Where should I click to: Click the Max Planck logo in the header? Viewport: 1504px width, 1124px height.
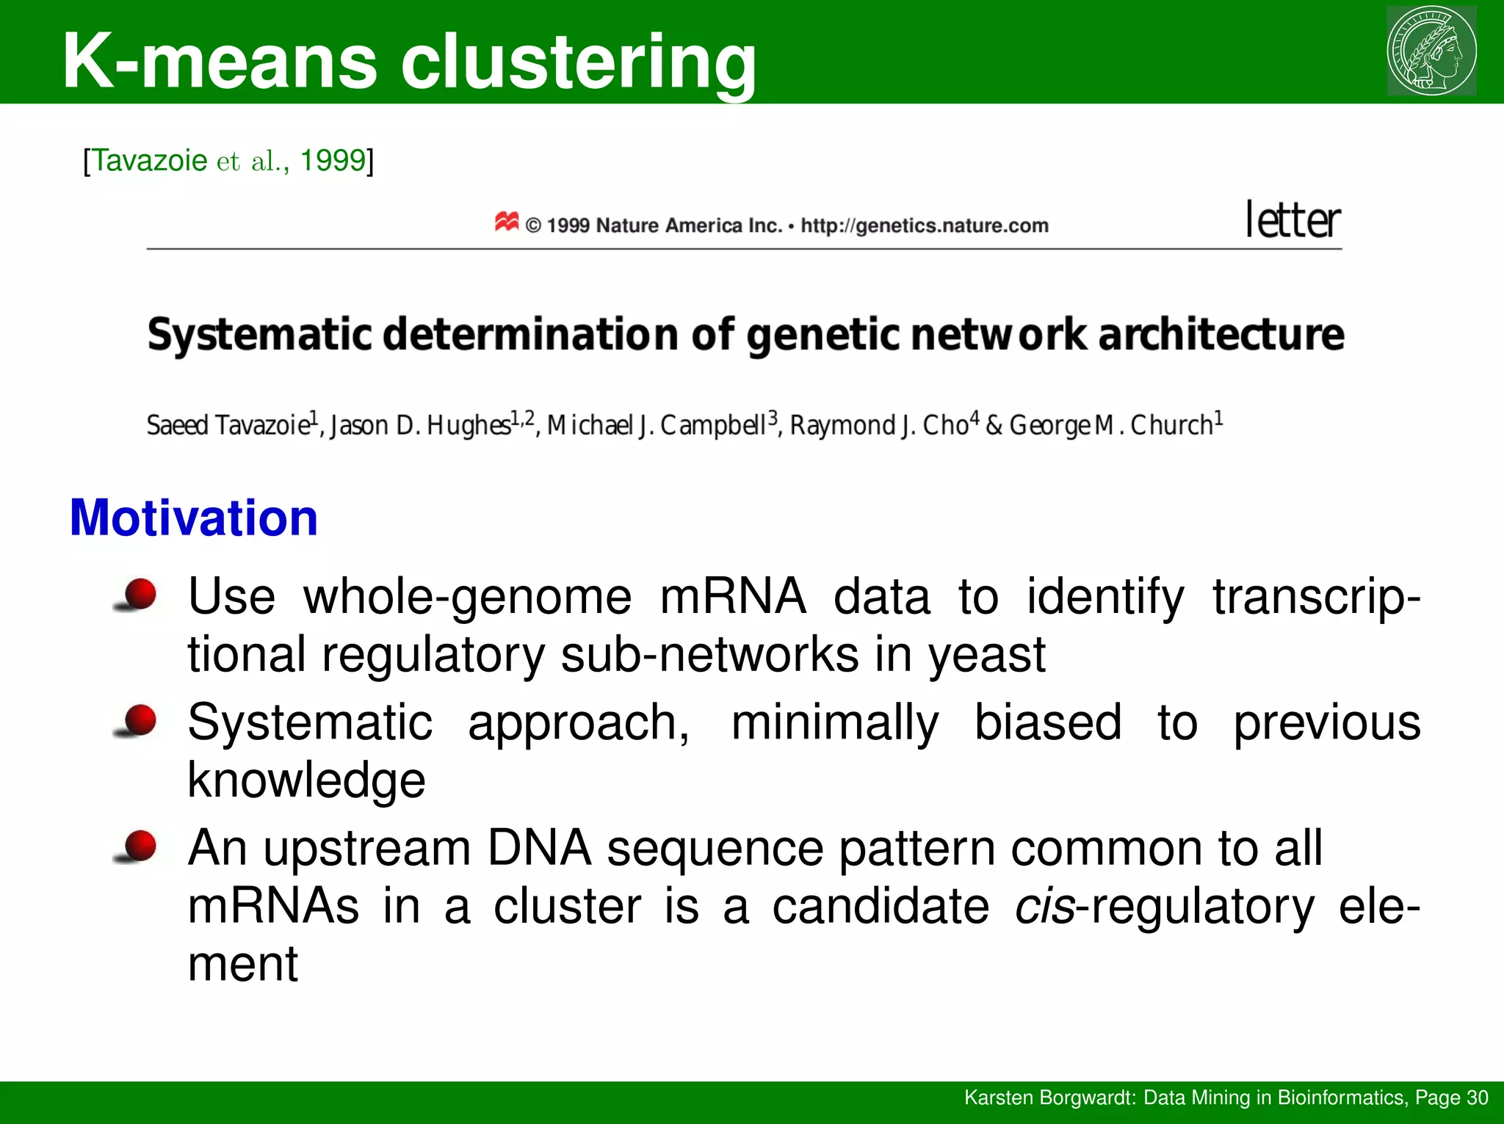click(x=1431, y=50)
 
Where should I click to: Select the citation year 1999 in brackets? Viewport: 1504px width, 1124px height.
click(x=333, y=160)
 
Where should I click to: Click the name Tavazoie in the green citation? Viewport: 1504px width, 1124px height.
click(x=149, y=160)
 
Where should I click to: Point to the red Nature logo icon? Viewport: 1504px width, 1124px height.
click(x=507, y=221)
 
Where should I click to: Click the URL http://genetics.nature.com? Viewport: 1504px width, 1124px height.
click(x=924, y=225)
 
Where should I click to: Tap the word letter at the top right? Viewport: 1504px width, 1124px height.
click(x=1293, y=220)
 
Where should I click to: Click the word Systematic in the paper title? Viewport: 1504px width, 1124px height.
click(x=259, y=336)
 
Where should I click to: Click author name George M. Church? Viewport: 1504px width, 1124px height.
click(x=1111, y=425)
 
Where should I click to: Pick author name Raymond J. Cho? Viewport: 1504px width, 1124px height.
click(x=879, y=425)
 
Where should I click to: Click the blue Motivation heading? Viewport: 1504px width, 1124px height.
click(x=194, y=518)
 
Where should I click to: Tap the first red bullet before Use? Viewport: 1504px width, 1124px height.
click(x=138, y=594)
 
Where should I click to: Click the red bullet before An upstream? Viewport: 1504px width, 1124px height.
click(x=138, y=846)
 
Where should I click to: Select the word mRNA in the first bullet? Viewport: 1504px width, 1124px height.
click(x=732, y=595)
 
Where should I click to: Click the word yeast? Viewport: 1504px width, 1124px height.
click(x=986, y=654)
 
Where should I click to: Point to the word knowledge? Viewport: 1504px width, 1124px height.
click(x=306, y=780)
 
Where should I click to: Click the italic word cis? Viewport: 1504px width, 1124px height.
click(x=1044, y=906)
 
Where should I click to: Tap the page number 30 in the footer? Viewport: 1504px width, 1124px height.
click(x=1476, y=1098)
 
